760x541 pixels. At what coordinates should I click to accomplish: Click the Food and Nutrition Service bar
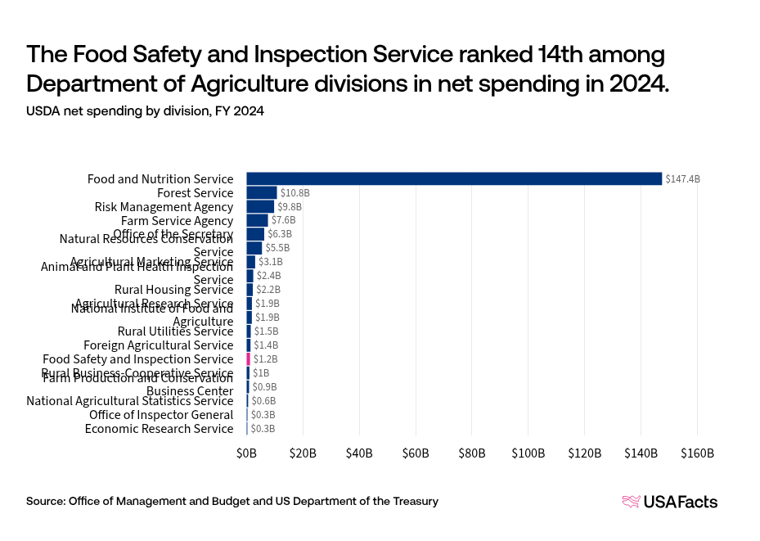pos(454,178)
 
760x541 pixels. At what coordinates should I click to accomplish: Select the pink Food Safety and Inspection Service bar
pos(249,358)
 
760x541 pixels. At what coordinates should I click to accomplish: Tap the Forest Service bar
pos(262,192)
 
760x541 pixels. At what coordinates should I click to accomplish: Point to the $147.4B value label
pos(683,178)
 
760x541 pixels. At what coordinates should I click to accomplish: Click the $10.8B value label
pos(295,192)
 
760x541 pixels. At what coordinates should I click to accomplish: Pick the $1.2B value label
pos(265,358)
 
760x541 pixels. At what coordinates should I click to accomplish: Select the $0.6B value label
pos(263,401)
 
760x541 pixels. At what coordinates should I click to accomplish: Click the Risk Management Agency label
pos(164,206)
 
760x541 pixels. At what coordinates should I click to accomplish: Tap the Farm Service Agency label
pos(177,220)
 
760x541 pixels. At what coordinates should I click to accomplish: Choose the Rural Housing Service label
pos(173,290)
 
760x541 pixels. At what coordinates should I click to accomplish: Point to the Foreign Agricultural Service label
pos(158,345)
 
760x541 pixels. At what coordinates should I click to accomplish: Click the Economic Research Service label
pos(159,428)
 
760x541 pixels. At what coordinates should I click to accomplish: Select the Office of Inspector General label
pos(161,414)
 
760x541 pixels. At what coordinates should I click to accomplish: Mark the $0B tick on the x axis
pos(246,453)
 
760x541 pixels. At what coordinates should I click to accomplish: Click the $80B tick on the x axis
pos(472,453)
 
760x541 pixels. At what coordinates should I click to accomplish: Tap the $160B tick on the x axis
pos(697,453)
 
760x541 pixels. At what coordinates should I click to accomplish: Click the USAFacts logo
pos(669,502)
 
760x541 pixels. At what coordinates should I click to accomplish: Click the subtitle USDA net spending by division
pos(145,111)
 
